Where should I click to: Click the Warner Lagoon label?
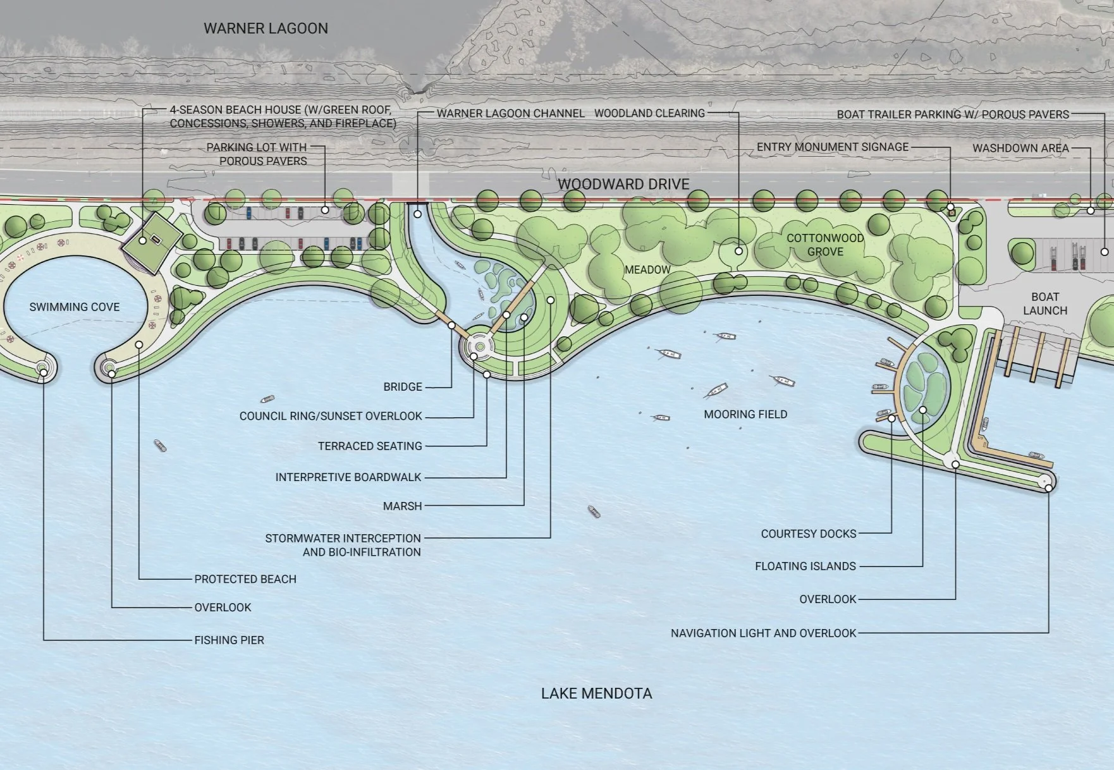266,28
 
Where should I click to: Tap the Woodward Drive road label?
623,184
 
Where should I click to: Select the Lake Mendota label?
596,694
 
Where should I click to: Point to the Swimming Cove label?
75,307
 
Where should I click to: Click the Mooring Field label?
745,414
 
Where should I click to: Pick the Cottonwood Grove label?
825,245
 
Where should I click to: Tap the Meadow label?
647,270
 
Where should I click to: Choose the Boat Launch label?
1045,303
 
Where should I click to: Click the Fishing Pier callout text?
229,640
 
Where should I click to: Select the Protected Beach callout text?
245,579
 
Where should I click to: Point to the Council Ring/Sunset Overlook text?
331,416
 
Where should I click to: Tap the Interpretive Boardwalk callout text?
348,477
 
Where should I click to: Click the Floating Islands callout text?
805,566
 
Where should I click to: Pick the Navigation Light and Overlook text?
763,633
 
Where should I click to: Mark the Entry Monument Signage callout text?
832,147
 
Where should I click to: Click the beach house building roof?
152,242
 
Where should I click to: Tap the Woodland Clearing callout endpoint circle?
738,251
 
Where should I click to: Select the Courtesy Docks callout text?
808,534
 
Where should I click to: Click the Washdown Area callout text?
1020,148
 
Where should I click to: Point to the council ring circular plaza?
480,346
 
